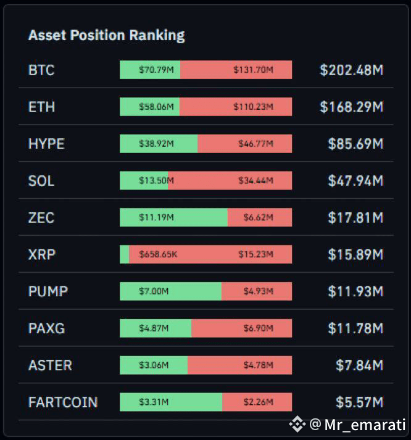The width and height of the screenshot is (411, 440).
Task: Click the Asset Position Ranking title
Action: (107, 36)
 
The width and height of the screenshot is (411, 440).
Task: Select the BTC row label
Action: (41, 70)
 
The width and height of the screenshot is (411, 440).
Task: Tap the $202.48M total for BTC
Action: (352, 70)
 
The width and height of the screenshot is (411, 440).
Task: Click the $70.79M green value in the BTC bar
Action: (156, 70)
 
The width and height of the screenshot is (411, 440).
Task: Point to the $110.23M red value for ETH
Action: (254, 107)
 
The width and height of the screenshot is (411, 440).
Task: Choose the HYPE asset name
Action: (46, 144)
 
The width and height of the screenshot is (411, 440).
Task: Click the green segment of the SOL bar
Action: (144, 180)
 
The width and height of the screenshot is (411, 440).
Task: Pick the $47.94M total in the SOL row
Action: (355, 181)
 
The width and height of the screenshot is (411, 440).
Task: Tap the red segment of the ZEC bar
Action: (260, 217)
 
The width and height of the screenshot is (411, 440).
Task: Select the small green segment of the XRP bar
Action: (124, 254)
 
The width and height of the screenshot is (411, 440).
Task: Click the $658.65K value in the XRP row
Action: (158, 254)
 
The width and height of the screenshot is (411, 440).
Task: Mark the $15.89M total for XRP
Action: (355, 254)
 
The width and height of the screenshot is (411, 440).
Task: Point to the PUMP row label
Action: (48, 291)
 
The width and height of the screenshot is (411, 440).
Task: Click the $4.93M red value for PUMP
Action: (258, 291)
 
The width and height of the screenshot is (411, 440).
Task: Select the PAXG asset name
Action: (46, 328)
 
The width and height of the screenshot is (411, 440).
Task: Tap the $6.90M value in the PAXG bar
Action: (258, 328)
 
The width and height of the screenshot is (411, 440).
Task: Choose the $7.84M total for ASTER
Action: (359, 365)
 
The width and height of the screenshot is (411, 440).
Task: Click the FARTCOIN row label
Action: (63, 402)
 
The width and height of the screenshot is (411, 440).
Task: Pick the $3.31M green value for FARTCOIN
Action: (154, 402)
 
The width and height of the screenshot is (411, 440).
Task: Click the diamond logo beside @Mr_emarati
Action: (297, 424)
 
